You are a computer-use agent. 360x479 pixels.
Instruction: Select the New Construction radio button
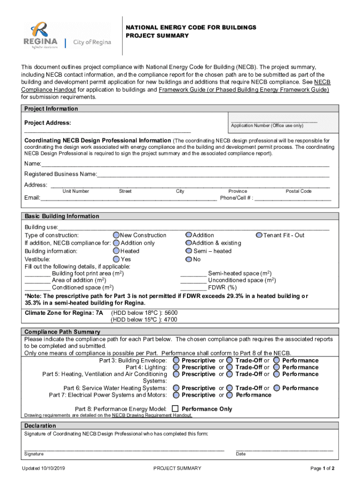click(116, 235)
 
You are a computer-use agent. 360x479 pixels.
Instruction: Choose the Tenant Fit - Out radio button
click(259, 235)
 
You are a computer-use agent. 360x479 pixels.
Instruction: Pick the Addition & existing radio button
click(188, 243)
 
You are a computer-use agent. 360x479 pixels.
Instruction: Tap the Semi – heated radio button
click(188, 251)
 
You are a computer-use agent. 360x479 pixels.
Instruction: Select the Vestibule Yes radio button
click(116, 259)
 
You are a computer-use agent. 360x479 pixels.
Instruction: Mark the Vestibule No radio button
click(188, 259)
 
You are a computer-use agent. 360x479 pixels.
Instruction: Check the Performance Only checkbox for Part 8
click(176, 408)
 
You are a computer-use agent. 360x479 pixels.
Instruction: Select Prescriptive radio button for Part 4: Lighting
click(176, 367)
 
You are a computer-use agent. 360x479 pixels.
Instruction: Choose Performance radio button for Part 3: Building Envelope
click(277, 360)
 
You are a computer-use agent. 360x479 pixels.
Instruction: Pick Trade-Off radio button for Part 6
click(230, 388)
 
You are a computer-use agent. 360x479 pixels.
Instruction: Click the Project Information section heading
click(51, 109)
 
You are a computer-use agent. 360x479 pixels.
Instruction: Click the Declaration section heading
click(40, 426)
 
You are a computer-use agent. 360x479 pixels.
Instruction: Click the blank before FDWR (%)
click(193, 287)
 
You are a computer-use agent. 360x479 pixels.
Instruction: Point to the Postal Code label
click(298, 191)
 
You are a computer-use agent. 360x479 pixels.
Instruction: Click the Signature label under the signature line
click(34, 454)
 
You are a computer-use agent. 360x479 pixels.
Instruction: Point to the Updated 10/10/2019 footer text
click(45, 468)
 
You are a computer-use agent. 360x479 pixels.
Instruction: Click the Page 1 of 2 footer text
click(322, 468)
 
